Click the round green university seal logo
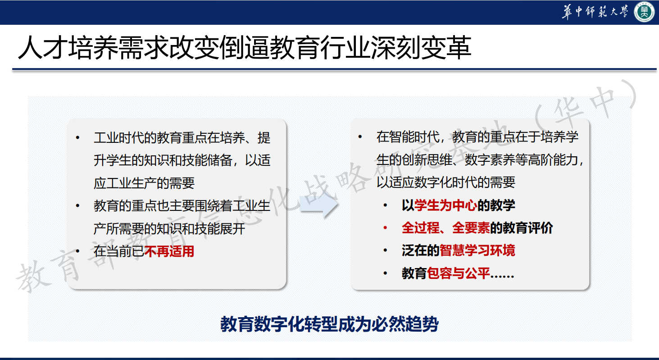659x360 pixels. click(x=644, y=12)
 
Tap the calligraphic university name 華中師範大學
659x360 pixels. click(x=595, y=12)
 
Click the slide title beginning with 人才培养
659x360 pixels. click(x=245, y=48)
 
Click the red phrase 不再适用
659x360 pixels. click(x=169, y=251)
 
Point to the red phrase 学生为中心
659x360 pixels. click(x=445, y=205)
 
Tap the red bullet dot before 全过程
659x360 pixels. click(x=385, y=228)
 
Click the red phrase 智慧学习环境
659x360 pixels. click(x=477, y=251)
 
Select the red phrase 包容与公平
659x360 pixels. click(x=459, y=273)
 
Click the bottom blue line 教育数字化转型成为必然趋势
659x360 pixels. click(x=330, y=324)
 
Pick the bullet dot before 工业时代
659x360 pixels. click(x=77, y=138)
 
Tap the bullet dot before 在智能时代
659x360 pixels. click(x=360, y=137)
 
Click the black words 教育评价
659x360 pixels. click(x=528, y=228)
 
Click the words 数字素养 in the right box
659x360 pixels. click(x=490, y=160)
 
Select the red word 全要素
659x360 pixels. click(x=471, y=228)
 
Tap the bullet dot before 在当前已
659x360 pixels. click(x=77, y=251)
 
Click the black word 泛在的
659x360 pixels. click(x=421, y=251)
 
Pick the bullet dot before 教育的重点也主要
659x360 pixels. click(x=77, y=206)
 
